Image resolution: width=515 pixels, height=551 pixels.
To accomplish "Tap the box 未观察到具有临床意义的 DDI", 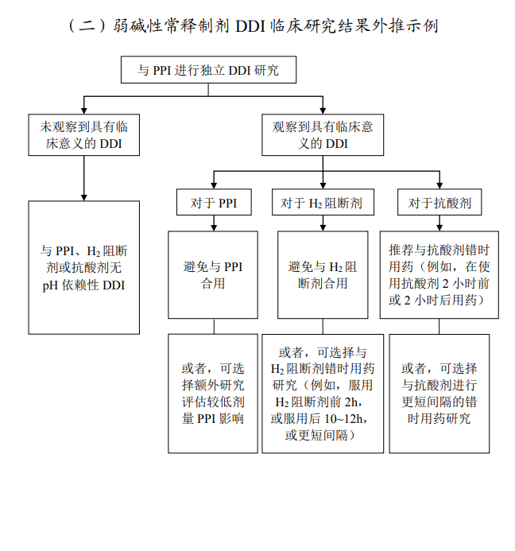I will point(84,135).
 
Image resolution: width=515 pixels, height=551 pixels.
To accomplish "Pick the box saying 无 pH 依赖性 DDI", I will point(84,266).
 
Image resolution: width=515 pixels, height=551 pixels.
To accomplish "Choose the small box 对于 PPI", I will point(212,204).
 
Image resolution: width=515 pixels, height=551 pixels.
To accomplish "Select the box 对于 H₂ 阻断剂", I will point(322,204).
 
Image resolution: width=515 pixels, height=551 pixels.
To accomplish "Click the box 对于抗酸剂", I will point(439,204).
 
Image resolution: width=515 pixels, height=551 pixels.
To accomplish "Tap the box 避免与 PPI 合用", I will point(212,274).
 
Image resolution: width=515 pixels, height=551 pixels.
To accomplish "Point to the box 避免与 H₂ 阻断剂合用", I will point(322,274).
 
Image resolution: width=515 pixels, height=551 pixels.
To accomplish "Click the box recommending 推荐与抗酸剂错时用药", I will point(439,274).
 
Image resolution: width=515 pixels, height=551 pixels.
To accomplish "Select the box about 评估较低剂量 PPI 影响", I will point(212,394).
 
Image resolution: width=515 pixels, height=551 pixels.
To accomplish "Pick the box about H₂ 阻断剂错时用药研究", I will point(322,394).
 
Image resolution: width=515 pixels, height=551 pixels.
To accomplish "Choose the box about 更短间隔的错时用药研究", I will point(439,394).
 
